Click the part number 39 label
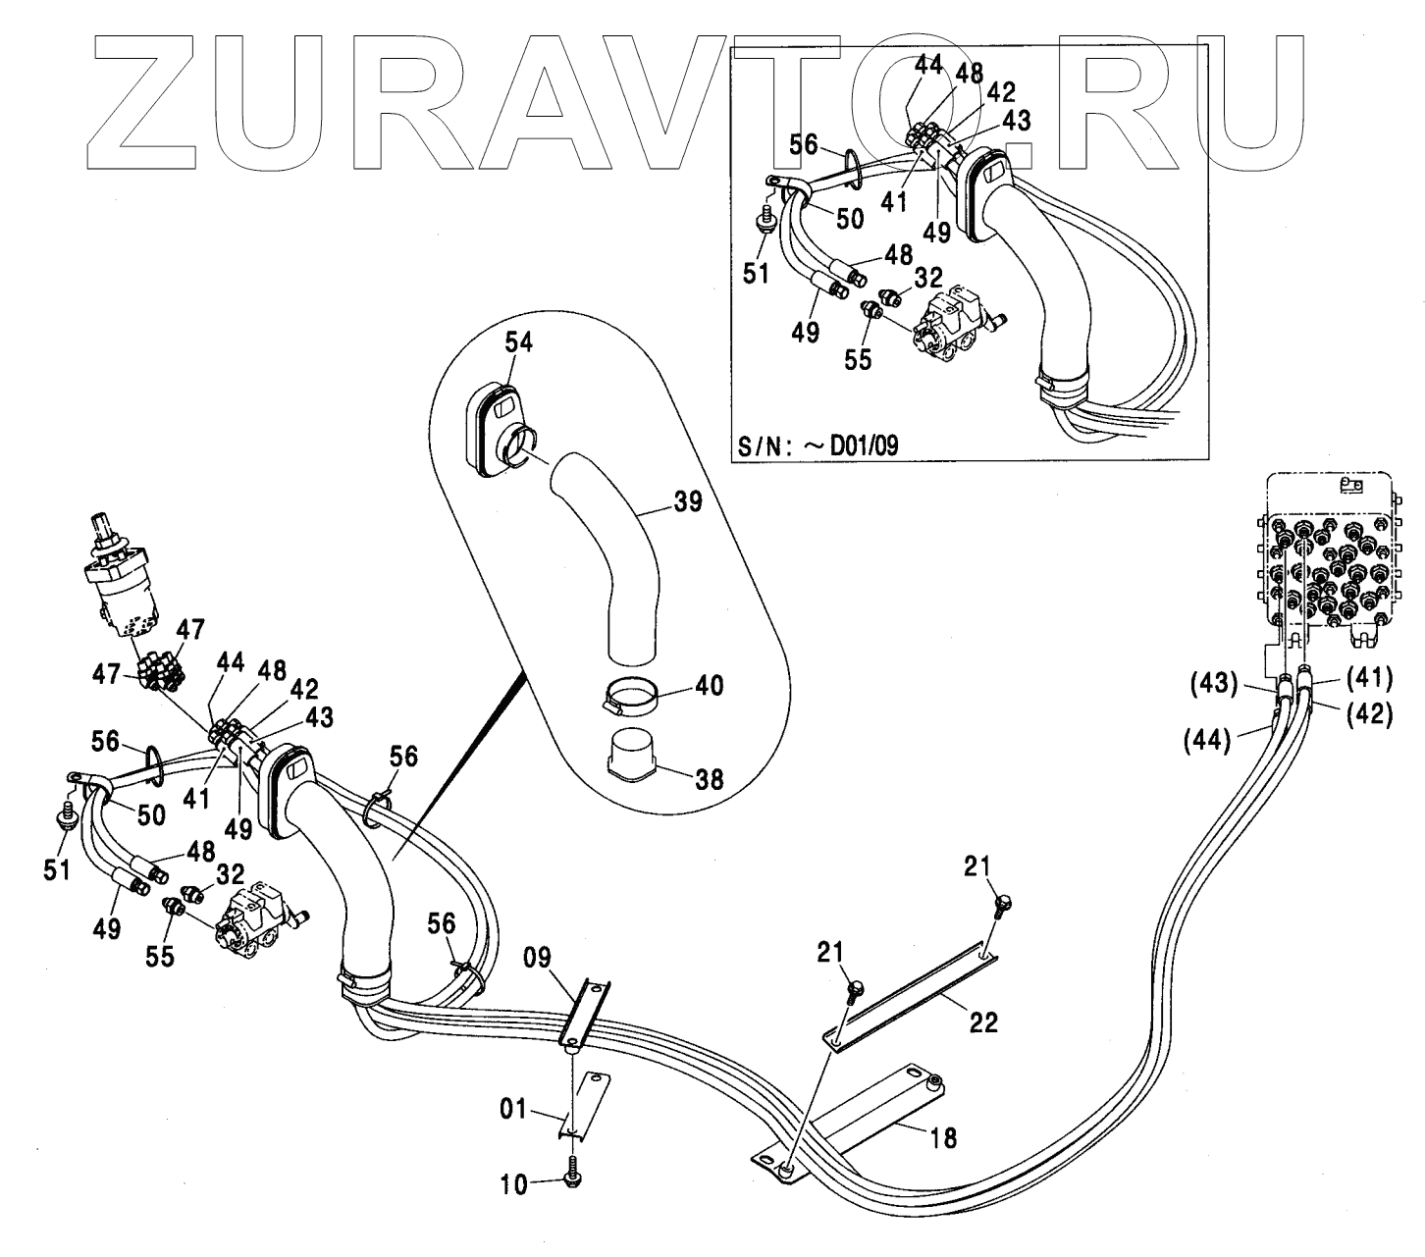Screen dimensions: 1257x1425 tap(687, 502)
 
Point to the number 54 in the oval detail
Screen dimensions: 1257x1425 tap(520, 342)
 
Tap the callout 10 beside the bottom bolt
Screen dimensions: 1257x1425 tap(514, 1184)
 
